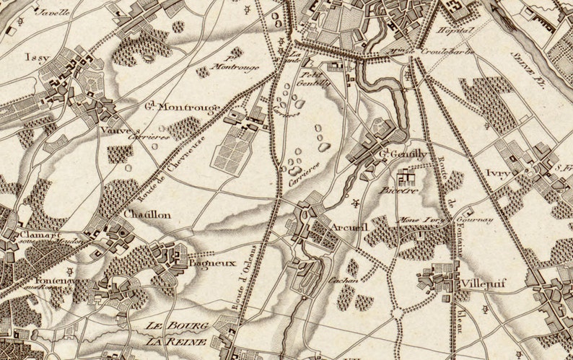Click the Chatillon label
pos(147,215)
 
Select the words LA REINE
pos(177,341)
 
